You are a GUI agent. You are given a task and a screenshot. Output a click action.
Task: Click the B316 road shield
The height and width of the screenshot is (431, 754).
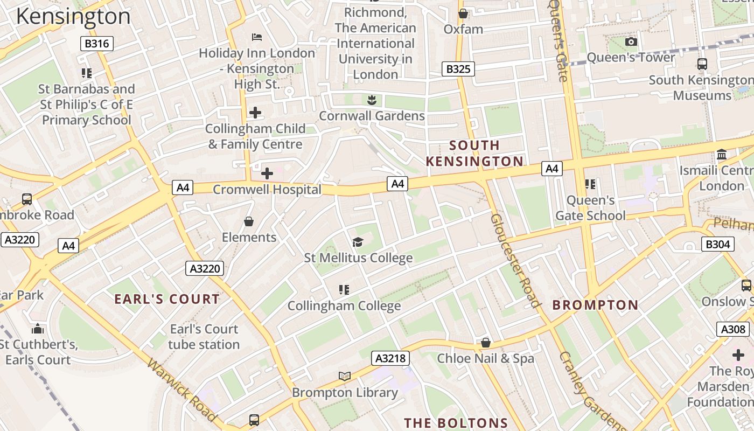(97, 44)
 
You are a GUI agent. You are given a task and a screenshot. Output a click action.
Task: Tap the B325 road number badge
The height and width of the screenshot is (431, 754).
(458, 69)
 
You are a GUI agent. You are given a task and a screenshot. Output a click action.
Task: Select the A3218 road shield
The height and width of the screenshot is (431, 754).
(391, 358)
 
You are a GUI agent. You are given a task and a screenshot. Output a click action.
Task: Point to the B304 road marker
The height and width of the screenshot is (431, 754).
(718, 244)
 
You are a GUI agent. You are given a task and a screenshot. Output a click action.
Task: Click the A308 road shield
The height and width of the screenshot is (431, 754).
(733, 329)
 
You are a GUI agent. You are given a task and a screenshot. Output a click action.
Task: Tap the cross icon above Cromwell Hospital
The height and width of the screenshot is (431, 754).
(267, 173)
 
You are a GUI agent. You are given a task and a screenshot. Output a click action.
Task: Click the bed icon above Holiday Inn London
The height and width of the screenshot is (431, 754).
(257, 37)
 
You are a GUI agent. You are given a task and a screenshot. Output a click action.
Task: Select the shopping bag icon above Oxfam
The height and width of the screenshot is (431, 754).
(463, 13)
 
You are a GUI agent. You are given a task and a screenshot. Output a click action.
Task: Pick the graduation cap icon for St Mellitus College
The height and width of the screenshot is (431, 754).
(358, 242)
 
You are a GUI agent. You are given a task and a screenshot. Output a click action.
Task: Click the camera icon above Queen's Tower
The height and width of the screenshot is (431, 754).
(631, 41)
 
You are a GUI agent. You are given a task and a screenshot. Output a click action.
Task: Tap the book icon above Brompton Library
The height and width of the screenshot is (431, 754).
(345, 376)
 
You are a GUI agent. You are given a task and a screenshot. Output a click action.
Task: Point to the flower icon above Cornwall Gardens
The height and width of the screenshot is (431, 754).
(372, 100)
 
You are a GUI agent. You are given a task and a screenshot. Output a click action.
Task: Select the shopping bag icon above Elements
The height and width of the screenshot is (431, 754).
(249, 221)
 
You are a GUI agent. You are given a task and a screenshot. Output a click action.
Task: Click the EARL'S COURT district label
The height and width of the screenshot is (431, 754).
(167, 299)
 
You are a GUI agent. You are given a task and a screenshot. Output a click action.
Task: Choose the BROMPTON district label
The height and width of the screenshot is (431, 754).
(595, 305)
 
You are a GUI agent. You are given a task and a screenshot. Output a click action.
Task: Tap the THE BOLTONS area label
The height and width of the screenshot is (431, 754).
(456, 423)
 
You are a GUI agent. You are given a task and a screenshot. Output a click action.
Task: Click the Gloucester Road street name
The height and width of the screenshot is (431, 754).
(515, 260)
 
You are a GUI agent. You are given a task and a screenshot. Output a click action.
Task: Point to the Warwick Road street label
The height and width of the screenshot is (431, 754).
(181, 391)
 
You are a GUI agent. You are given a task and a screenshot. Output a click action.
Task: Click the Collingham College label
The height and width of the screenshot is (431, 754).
(344, 306)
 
